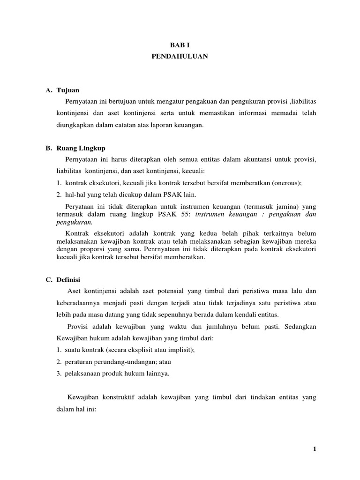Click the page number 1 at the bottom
[315, 449]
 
